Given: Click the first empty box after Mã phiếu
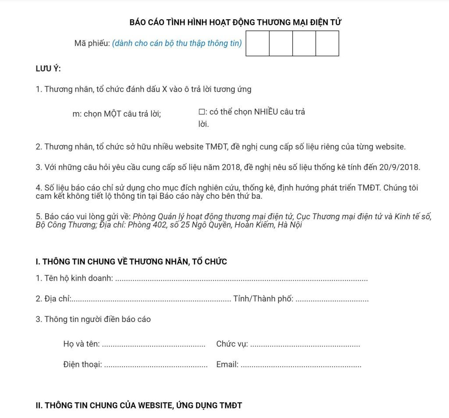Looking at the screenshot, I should point(257,43).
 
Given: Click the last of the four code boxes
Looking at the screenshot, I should point(327,43).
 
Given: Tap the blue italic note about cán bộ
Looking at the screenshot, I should point(177,43).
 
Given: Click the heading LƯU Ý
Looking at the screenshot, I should point(48,68).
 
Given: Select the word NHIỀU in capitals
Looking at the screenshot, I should point(266,112).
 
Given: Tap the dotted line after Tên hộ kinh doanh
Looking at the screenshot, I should point(241,279).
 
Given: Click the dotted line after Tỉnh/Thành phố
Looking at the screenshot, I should point(332,300).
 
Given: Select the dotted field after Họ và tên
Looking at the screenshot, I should point(153,345).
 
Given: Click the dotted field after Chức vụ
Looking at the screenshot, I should point(305,345).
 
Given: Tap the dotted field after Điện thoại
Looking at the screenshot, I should point(156,365).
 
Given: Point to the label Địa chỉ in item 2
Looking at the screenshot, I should point(57,299).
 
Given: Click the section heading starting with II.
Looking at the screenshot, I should point(139,405).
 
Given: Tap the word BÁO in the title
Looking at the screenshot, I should point(138,22).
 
